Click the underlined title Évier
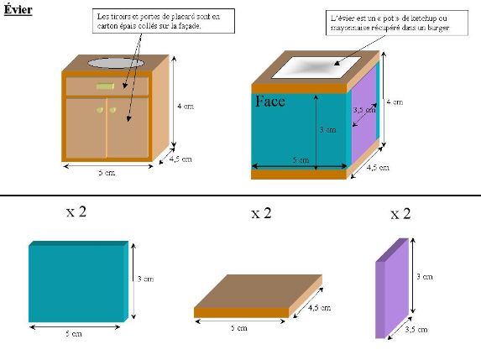click(x=18, y=9)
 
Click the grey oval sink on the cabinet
click(x=116, y=63)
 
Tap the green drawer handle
click(x=105, y=86)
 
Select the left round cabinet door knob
click(x=100, y=110)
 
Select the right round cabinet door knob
click(x=112, y=110)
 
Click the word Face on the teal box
click(x=270, y=102)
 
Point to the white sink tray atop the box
click(x=316, y=67)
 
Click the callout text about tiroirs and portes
click(x=159, y=21)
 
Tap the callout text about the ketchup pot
click(x=390, y=23)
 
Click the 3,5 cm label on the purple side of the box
click(x=364, y=109)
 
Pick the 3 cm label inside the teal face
click(x=327, y=130)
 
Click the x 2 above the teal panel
click(x=76, y=211)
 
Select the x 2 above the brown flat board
click(x=261, y=213)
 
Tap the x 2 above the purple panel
click(x=400, y=214)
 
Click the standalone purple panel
click(x=392, y=288)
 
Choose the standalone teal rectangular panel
click(x=79, y=281)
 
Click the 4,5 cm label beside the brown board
click(x=319, y=308)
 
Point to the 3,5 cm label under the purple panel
click(x=416, y=330)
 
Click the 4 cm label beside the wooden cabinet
click(x=186, y=106)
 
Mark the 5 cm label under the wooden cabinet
click(x=107, y=172)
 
